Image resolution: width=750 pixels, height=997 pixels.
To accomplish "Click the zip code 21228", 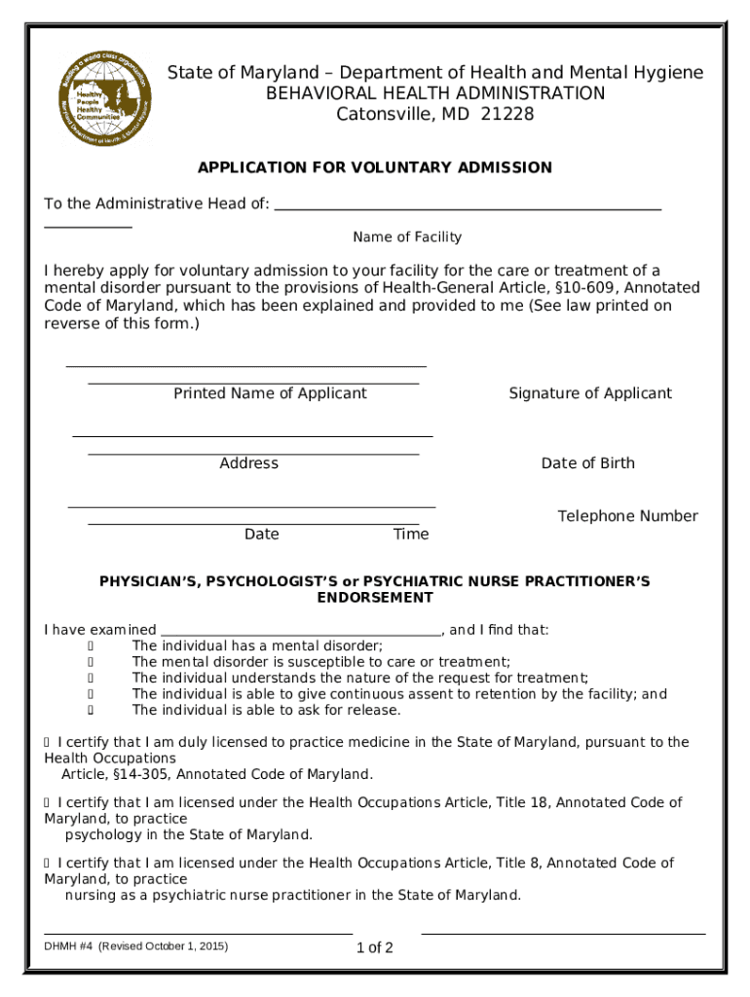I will (506, 115).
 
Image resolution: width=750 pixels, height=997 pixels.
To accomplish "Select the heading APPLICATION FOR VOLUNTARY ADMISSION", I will (375, 167).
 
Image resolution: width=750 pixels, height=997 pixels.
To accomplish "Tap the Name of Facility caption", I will (407, 237).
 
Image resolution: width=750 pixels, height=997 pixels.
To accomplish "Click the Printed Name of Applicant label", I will (270, 393).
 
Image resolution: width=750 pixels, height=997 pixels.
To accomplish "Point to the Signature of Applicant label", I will (590, 393).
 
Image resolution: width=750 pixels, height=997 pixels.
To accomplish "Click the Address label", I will (249, 463).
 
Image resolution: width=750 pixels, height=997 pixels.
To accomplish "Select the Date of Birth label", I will (587, 463).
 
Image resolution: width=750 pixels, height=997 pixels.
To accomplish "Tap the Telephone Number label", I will (627, 516).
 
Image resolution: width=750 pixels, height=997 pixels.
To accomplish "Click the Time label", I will (410, 535).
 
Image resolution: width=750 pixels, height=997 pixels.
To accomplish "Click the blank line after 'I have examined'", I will (301, 631).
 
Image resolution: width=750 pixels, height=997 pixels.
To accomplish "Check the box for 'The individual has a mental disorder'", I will (91, 646).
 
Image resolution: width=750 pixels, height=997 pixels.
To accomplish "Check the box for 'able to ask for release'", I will (91, 711).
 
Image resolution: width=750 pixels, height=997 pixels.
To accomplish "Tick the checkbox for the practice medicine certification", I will (48, 743).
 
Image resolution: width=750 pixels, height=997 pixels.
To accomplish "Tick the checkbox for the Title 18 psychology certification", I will (48, 803).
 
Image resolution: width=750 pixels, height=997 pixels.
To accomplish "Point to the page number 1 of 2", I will (375, 948).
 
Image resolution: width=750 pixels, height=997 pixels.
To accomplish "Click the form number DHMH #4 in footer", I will (68, 945).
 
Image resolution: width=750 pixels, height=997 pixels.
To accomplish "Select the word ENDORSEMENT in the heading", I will (375, 598).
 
